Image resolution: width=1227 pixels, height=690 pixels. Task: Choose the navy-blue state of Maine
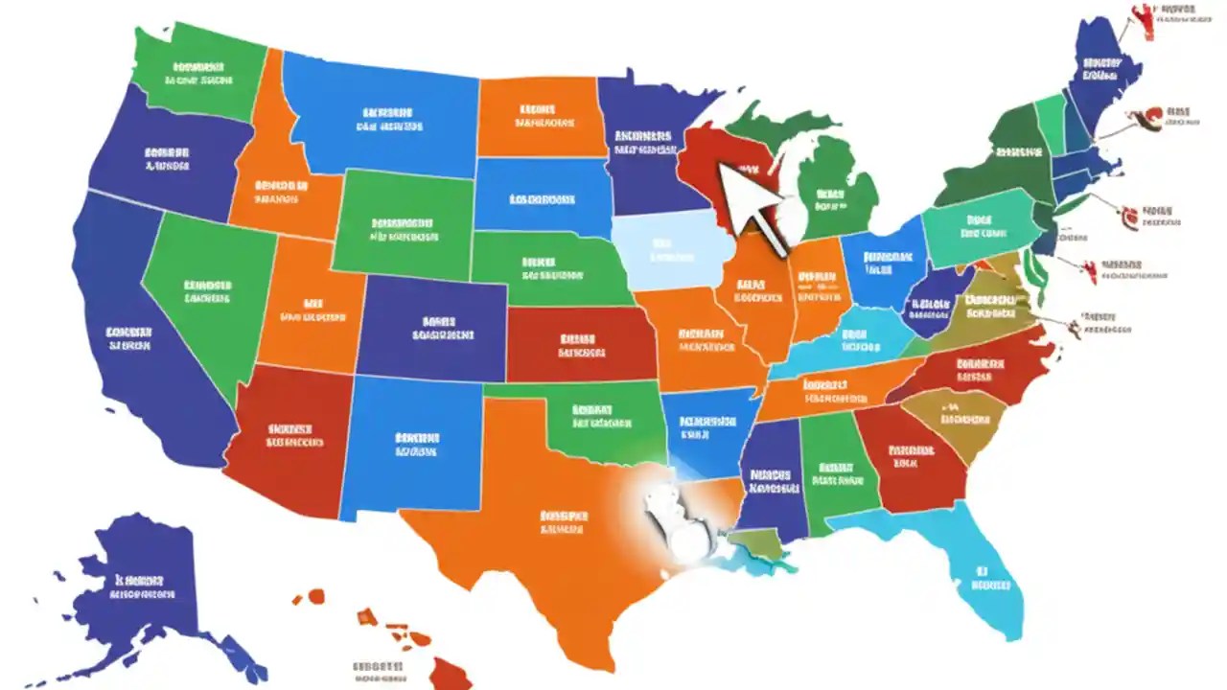click(x=1102, y=72)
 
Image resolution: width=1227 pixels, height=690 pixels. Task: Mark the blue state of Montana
click(x=383, y=115)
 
